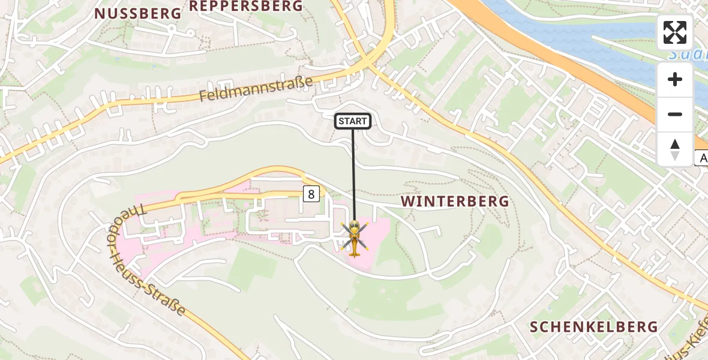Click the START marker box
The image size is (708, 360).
(353, 121)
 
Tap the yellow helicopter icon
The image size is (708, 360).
(354, 238)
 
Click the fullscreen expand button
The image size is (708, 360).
(675, 32)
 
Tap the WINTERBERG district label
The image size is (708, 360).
(455, 201)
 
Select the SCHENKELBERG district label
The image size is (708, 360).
(594, 327)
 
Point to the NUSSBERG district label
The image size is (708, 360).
(137, 13)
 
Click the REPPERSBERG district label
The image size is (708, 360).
(246, 6)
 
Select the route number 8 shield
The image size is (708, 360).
(311, 194)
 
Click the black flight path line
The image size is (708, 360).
(353, 174)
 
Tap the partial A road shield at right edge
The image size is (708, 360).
(701, 158)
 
